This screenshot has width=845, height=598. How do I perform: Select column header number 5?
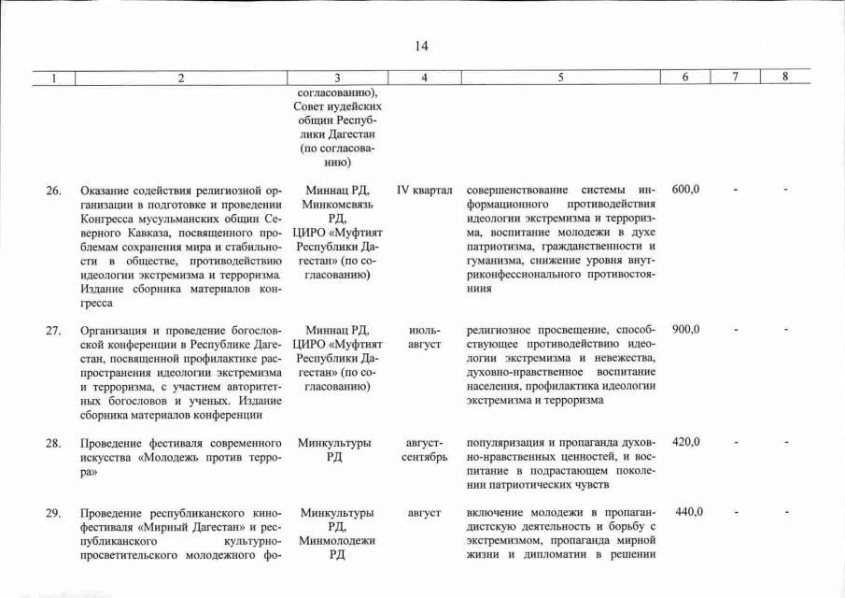click(x=559, y=78)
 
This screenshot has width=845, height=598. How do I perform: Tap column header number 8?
click(x=785, y=78)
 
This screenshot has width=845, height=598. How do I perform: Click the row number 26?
click(x=54, y=191)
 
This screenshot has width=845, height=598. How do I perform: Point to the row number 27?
click(x=54, y=331)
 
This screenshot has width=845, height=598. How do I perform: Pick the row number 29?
click(x=54, y=513)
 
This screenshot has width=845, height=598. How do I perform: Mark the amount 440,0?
click(x=689, y=512)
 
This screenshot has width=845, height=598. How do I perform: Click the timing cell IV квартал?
click(x=424, y=191)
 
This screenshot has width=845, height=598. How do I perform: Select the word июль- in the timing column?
click(x=425, y=331)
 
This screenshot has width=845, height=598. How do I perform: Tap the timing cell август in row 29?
click(x=424, y=513)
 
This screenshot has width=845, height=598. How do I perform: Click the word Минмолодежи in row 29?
click(x=337, y=541)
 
